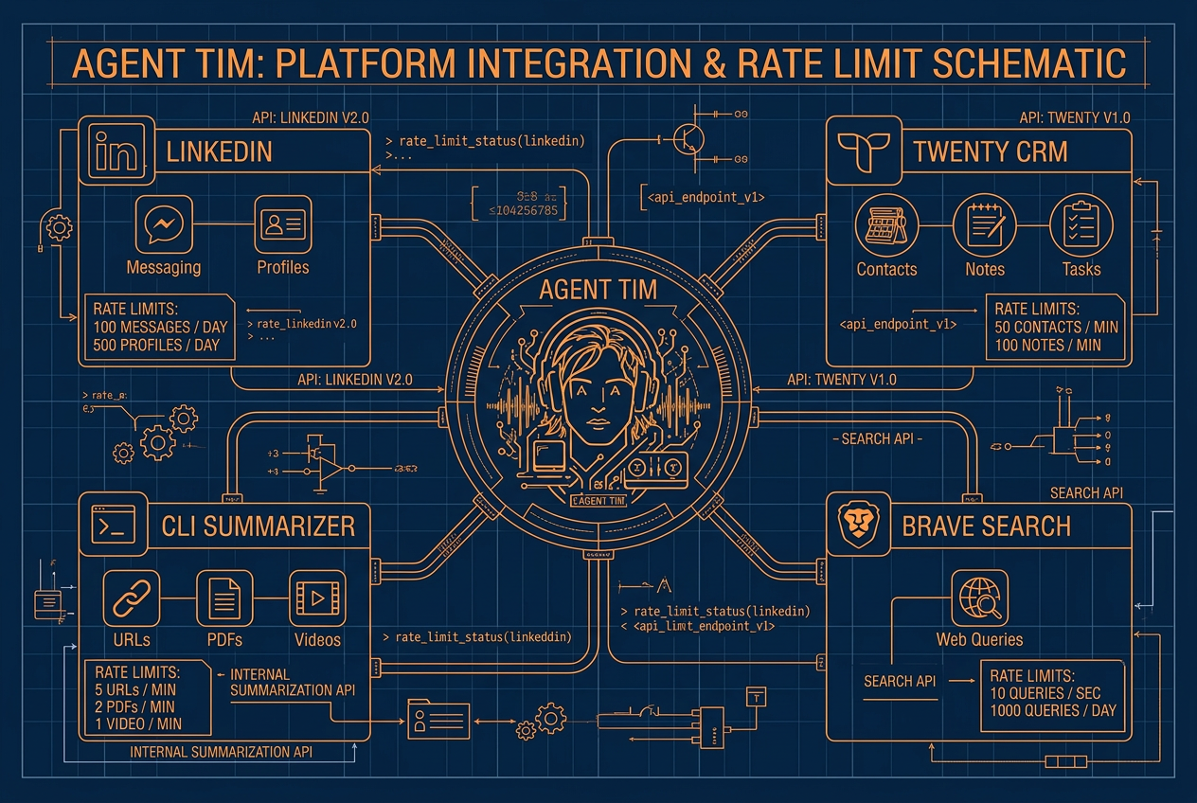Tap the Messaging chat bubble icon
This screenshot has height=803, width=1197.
164,224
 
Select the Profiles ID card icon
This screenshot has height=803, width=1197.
282,224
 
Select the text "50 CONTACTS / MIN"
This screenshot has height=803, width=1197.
1056,327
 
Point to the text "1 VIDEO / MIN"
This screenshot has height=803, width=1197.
139,723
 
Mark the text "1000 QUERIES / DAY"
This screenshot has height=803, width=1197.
1053,710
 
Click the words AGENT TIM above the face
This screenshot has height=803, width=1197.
598,290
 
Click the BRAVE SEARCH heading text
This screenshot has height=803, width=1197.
986,526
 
